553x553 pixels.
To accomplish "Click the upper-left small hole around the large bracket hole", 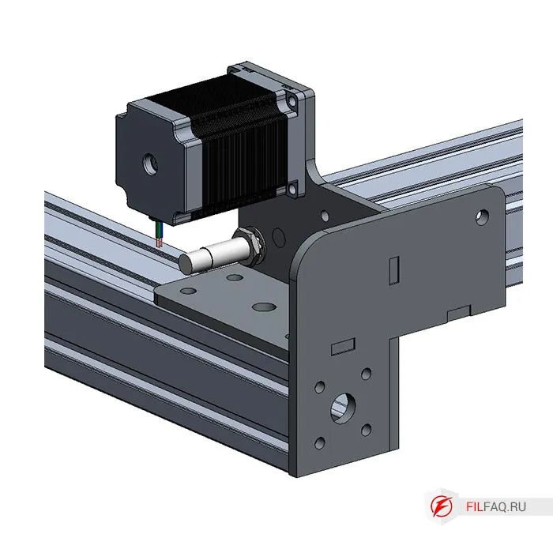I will tap(320, 387).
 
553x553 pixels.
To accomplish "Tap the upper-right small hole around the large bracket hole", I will tap(364, 371).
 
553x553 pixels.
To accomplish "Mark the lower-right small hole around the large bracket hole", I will tap(364, 429).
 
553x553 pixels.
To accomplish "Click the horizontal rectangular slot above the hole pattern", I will tap(342, 346).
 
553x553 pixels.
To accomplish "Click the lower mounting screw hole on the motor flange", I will tap(293, 187).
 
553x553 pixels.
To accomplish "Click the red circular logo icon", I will tap(440, 506).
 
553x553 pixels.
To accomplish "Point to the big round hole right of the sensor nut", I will tap(277, 235).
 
